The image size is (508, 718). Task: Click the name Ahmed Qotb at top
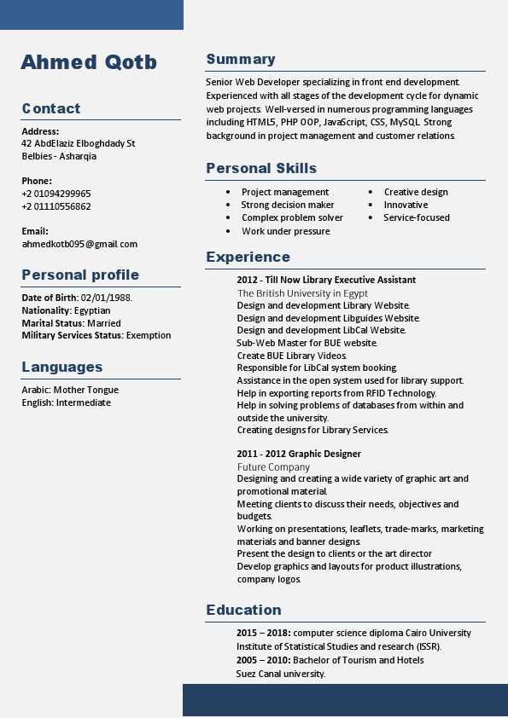tap(89, 62)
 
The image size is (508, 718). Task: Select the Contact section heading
tap(51, 108)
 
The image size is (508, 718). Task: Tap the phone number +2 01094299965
tap(56, 194)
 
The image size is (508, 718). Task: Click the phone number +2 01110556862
tap(56, 206)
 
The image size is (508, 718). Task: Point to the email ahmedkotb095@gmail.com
tap(79, 244)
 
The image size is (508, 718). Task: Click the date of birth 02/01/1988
tap(106, 298)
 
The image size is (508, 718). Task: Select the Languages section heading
tap(62, 368)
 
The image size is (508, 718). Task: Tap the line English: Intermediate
tap(67, 402)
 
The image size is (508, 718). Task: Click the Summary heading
tap(241, 60)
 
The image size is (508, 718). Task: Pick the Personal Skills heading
tap(261, 169)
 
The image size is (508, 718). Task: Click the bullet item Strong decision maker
tap(288, 205)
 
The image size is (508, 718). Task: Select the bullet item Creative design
tap(416, 192)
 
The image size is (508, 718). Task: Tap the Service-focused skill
tap(417, 217)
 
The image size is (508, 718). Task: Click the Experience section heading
tap(248, 257)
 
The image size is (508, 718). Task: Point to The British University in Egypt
tap(302, 292)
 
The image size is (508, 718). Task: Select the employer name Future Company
tap(273, 466)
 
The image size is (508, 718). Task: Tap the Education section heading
tap(243, 610)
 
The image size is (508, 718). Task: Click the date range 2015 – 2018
tap(263, 633)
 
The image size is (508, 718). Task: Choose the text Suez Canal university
tap(281, 674)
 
